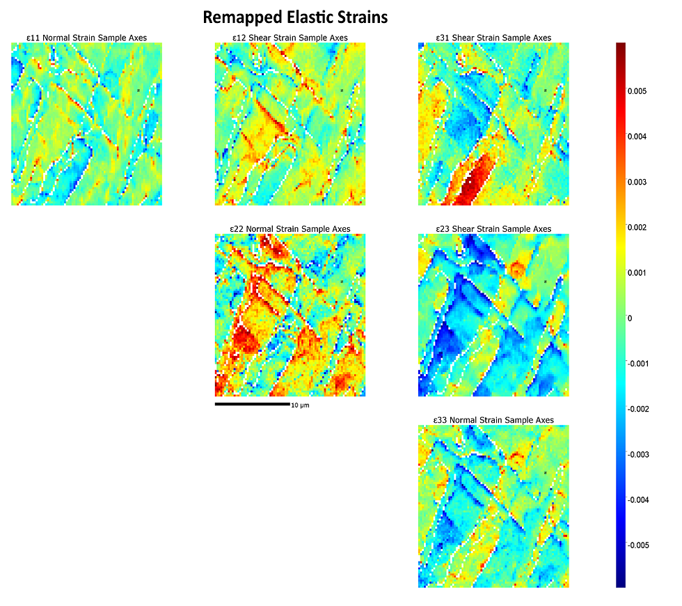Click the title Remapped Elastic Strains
[295, 16]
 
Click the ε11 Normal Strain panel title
[87, 38]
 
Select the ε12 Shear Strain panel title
[290, 38]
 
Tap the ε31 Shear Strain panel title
[493, 38]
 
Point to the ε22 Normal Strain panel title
[290, 229]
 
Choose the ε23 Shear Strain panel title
[493, 229]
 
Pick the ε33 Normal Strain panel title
[493, 420]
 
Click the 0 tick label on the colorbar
[630, 318]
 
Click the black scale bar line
[252, 404]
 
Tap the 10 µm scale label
[300, 405]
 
